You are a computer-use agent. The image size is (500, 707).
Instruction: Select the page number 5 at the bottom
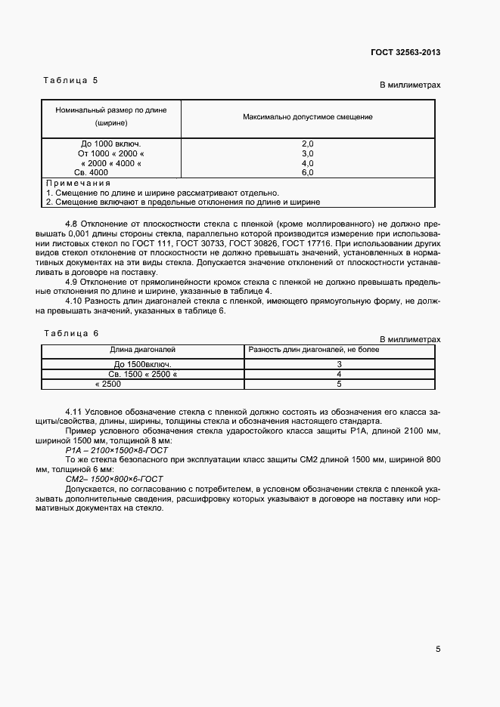[x=437, y=649]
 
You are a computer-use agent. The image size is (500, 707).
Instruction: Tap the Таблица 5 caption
[x=71, y=79]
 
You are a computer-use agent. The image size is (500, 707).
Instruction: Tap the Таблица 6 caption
[x=72, y=333]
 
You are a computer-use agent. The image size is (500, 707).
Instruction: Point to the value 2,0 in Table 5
[x=307, y=144]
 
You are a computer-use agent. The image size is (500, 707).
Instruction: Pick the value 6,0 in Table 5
[x=307, y=172]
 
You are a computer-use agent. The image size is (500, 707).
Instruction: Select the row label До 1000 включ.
[x=110, y=144]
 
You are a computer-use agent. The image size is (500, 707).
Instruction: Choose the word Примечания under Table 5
[x=79, y=184]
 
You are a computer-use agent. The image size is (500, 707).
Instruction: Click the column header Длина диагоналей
[x=142, y=350]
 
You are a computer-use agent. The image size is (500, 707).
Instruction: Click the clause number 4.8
[x=72, y=224]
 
